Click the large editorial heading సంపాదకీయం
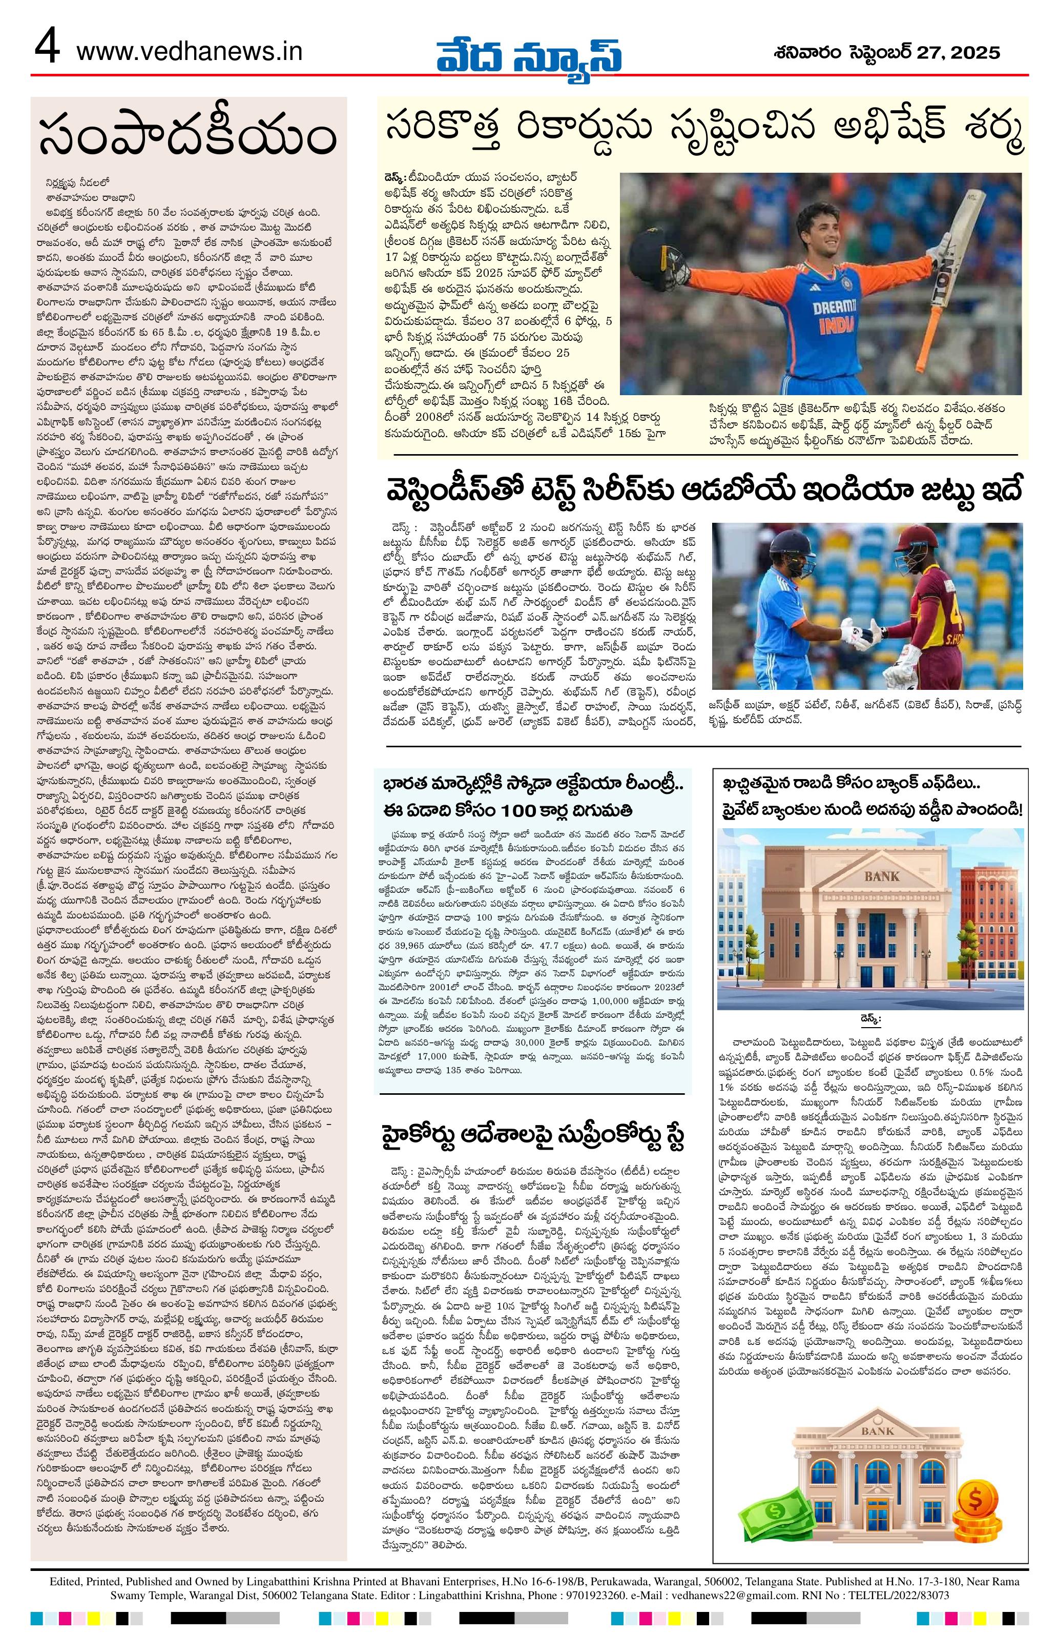(188, 135)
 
